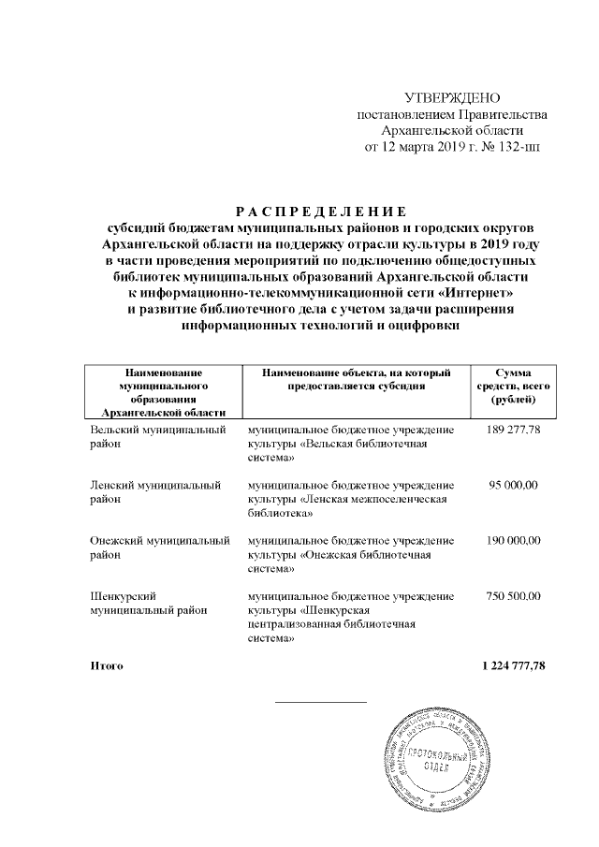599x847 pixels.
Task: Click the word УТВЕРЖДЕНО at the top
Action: (452, 98)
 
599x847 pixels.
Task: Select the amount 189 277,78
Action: (515, 430)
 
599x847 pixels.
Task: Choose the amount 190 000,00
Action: (515, 541)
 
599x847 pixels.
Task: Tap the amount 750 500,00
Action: (515, 596)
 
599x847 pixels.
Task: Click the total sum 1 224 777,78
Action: (513, 665)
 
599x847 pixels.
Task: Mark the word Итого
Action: (107, 665)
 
